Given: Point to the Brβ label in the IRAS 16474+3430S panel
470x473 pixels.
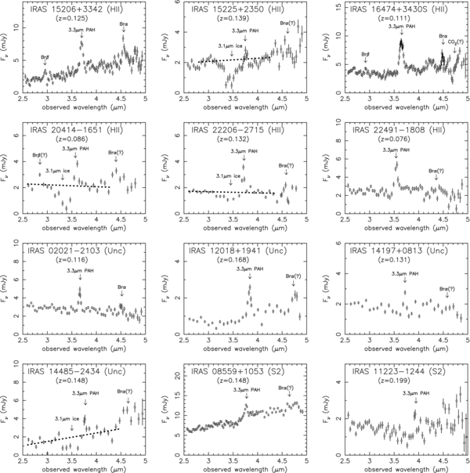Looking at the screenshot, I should point(366,54).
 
